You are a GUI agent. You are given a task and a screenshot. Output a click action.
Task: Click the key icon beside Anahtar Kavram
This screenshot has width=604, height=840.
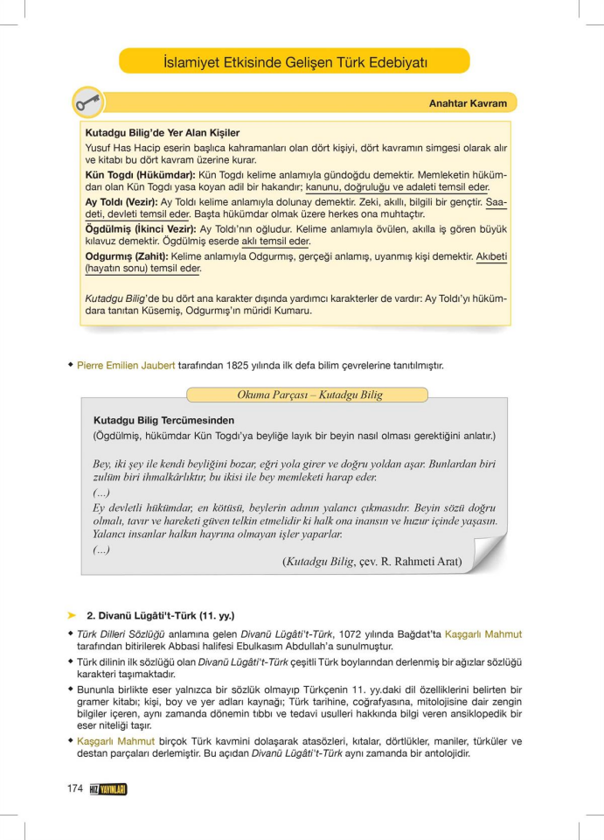[88, 101]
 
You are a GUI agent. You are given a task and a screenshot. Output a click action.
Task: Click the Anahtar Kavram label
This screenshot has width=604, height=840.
[468, 103]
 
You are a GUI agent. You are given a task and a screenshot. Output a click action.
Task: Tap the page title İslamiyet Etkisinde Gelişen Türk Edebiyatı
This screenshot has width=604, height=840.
[295, 62]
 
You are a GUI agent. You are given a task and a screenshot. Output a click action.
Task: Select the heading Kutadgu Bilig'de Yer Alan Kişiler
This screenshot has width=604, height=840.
[162, 133]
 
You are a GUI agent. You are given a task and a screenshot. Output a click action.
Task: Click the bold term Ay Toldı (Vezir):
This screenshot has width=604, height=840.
[121, 201]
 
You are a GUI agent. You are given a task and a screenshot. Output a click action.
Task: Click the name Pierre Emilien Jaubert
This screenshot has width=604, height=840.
[127, 365]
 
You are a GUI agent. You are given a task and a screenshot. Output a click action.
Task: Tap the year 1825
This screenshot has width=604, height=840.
[230, 365]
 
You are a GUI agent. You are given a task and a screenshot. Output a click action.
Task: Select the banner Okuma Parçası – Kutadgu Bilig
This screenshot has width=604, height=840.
[309, 395]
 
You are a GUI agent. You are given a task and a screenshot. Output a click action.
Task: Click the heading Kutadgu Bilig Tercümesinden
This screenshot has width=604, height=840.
[163, 420]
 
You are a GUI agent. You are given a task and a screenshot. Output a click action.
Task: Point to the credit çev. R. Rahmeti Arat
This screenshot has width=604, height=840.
[410, 562]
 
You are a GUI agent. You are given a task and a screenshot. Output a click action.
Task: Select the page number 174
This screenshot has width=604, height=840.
[74, 789]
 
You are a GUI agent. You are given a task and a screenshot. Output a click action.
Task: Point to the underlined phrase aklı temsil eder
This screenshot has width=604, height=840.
[275, 241]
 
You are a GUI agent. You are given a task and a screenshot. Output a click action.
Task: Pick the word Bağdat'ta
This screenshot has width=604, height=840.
[402, 634]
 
